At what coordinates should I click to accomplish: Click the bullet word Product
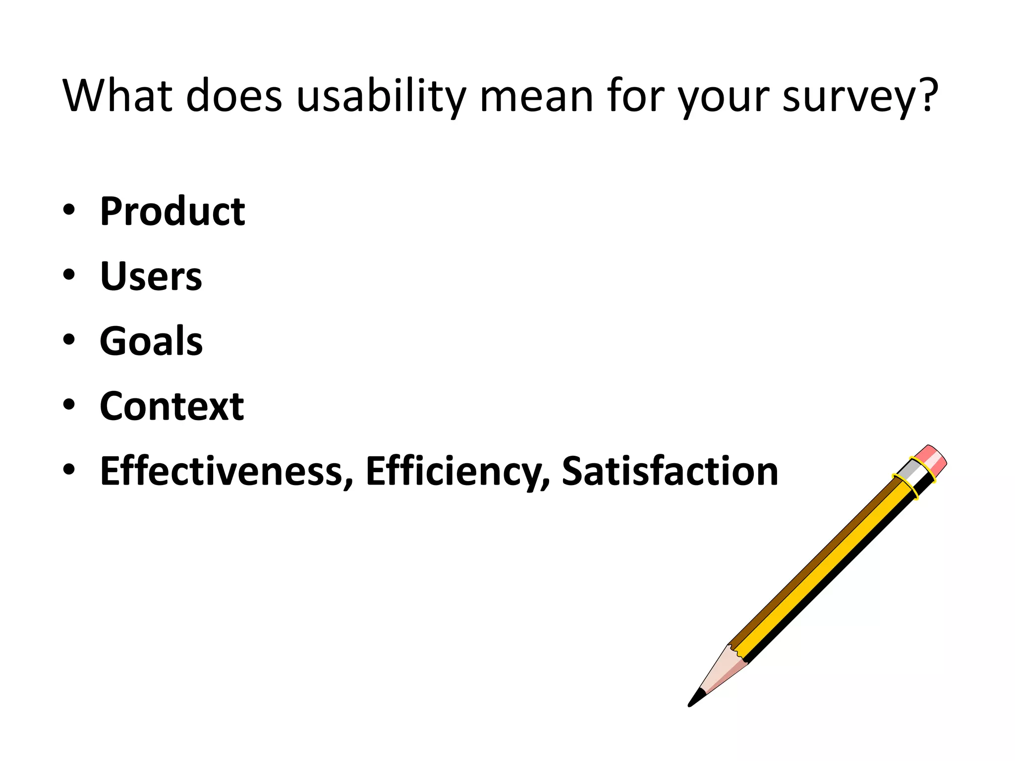172,212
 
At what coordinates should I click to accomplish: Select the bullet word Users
151,276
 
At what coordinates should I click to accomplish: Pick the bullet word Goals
151,341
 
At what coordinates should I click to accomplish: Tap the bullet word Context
171,406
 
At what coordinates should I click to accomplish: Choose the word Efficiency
457,471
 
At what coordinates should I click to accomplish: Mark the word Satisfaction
670,471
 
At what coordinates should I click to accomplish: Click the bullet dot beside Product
69,210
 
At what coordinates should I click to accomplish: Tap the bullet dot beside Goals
69,340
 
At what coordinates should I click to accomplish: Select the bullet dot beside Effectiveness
69,469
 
